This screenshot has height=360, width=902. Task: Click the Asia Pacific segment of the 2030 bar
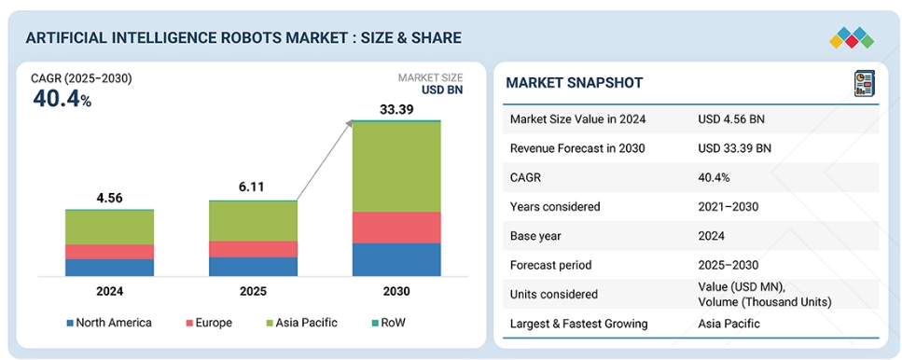[x=396, y=167]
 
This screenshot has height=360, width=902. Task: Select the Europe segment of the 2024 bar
[x=109, y=252]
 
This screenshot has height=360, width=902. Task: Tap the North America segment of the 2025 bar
[x=253, y=266]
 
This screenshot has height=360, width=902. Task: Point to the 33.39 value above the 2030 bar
[x=396, y=109]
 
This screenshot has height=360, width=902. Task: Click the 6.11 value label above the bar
[x=253, y=187]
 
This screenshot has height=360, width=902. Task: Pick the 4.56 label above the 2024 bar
[x=109, y=199]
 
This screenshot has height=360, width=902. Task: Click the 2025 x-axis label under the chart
[x=253, y=292]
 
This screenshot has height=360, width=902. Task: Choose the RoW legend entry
[x=388, y=323]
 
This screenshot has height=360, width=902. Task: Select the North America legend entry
[x=109, y=323]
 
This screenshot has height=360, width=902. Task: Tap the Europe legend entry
[x=209, y=323]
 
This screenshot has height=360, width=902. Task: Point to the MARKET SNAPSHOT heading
[x=574, y=83]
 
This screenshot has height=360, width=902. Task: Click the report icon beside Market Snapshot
[x=864, y=83]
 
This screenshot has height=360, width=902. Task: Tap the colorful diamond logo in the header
[x=852, y=38]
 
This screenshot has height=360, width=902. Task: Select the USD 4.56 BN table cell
[x=731, y=119]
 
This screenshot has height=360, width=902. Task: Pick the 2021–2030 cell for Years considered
[x=729, y=206]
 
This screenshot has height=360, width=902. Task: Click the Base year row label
[x=535, y=236]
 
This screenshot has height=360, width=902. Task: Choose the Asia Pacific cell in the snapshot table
[x=729, y=324]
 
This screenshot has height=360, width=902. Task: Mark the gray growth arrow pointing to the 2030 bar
[x=325, y=160]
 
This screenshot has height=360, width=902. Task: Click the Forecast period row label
[x=550, y=265]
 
